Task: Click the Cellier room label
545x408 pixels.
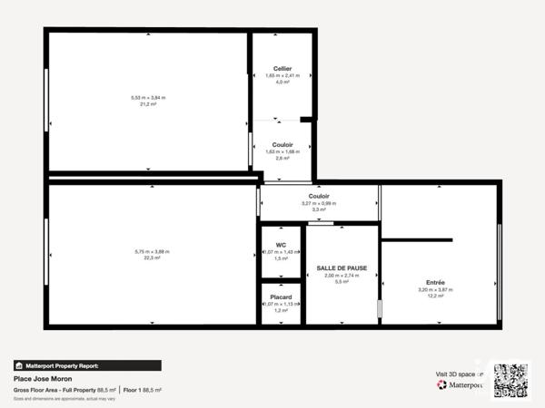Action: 282,68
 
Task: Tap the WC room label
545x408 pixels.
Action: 282,245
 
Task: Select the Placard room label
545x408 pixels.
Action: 282,296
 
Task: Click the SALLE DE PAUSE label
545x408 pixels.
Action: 342,268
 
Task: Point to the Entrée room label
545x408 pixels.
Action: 435,283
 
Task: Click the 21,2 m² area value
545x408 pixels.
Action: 149,104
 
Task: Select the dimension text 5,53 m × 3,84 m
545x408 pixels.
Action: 149,97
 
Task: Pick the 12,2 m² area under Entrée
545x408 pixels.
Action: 435,296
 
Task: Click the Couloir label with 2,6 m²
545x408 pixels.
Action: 282,144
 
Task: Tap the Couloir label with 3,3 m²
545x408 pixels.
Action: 319,196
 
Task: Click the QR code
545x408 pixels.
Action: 510,379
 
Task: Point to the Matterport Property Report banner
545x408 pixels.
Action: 87,365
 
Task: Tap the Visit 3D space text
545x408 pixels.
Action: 457,373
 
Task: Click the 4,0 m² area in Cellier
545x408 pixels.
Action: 282,82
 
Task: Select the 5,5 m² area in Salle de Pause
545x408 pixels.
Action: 342,282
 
